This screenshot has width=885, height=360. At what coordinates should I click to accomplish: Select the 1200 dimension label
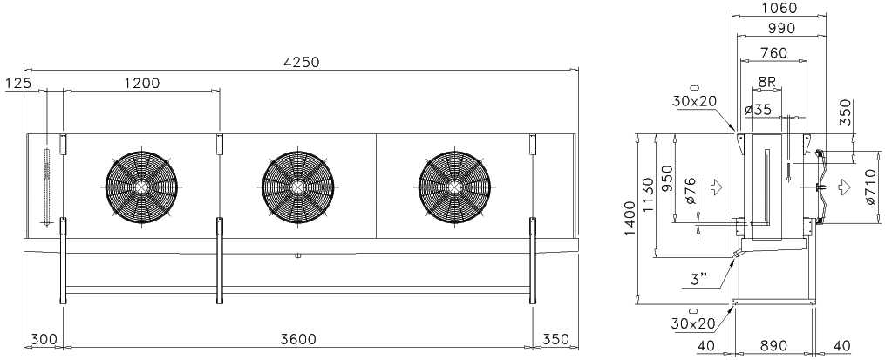pyautogui.click(x=141, y=84)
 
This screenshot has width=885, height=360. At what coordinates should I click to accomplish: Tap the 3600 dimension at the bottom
pyautogui.click(x=298, y=339)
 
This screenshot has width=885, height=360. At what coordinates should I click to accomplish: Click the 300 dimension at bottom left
pyautogui.click(x=44, y=339)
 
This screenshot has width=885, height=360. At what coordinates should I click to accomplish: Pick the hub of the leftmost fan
pyautogui.click(x=141, y=187)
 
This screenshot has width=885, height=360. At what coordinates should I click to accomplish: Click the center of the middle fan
pyautogui.click(x=297, y=187)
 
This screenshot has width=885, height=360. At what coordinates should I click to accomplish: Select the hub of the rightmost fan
pyautogui.click(x=454, y=187)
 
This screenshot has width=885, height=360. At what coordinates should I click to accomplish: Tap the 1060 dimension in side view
pyautogui.click(x=779, y=9)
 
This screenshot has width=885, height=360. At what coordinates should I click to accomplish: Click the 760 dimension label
pyautogui.click(x=773, y=53)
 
